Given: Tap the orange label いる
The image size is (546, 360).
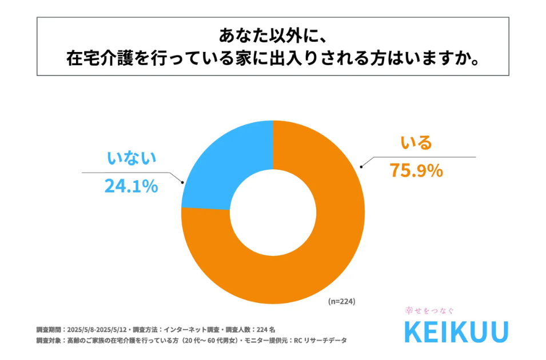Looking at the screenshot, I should (x=416, y=142).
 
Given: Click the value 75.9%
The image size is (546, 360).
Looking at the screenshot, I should (x=416, y=170).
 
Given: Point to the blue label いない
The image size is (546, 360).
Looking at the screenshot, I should (x=131, y=158).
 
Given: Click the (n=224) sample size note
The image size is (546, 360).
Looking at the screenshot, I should (x=342, y=301).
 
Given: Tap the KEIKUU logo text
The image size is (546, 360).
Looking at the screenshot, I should (x=456, y=332).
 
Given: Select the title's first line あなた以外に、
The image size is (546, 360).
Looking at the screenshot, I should (x=273, y=36).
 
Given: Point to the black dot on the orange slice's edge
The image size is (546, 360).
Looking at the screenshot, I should (x=361, y=166).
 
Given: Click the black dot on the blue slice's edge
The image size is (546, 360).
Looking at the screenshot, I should (x=182, y=182).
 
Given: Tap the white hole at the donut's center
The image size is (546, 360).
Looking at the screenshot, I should (x=273, y=212).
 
